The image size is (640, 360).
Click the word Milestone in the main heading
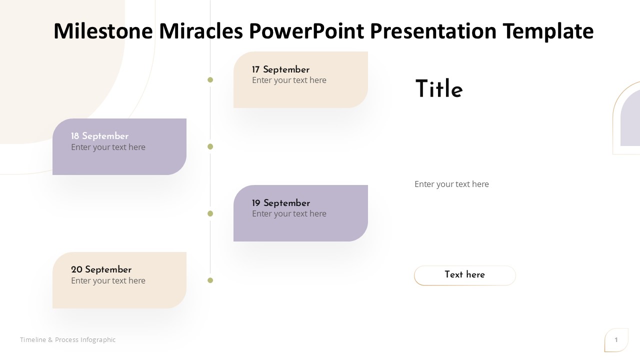pos(103,31)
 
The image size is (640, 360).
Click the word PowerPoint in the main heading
pos(306,31)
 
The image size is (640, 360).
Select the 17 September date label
pos(280,69)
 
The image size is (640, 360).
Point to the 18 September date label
pos(99,136)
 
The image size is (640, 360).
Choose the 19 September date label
pos(281,203)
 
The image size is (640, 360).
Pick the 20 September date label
pos(101,269)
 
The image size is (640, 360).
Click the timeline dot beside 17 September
pos(210,80)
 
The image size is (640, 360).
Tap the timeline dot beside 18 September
pos(210,146)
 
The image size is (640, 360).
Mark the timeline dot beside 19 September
pos(210,213)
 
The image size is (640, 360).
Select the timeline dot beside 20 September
pos(210,280)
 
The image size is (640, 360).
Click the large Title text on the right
pos(439,88)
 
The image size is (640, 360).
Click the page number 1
pos(616,339)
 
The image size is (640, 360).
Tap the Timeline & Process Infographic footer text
pos(67,339)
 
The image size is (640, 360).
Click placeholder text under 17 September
pos(289,80)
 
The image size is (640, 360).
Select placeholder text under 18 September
pos(108,147)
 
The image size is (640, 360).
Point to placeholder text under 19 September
pos(289,213)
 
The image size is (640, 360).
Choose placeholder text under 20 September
pos(108,280)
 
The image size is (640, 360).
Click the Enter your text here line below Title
pos(451,184)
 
